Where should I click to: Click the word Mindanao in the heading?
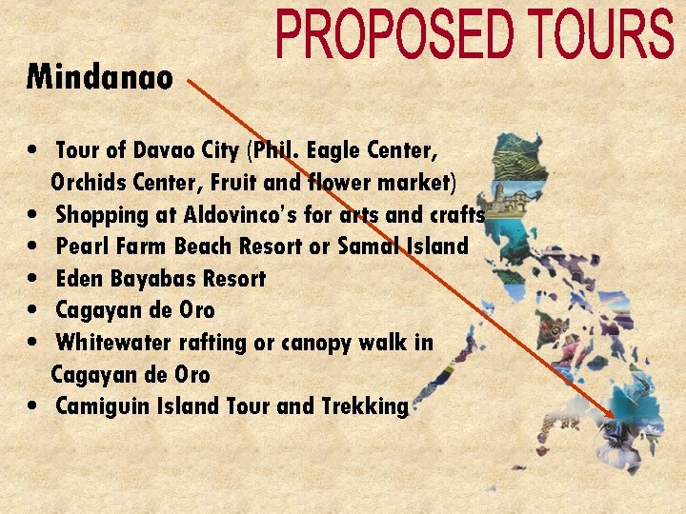point(99,77)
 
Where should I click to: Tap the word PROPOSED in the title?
point(391,36)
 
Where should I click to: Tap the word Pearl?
point(82,247)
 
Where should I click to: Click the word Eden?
point(77,279)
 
